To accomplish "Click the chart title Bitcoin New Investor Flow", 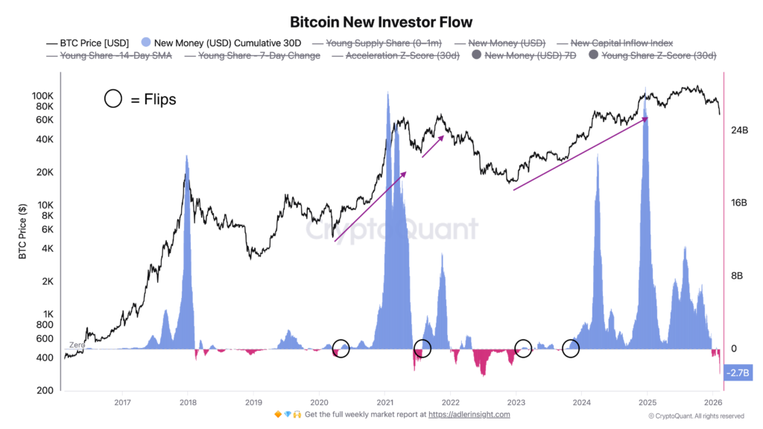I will pyautogui.click(x=381, y=22).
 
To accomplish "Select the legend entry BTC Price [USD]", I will pyautogui.click(x=89, y=43).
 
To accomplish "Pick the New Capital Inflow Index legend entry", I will pyautogui.click(x=620, y=43).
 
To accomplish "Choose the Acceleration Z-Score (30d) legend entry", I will pyautogui.click(x=402, y=55).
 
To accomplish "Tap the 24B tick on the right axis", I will pyautogui.click(x=738, y=130).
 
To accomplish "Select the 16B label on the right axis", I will pyautogui.click(x=738, y=203).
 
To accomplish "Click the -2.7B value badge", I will pyautogui.click(x=738, y=371).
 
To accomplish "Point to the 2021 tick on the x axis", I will pyautogui.click(x=384, y=402).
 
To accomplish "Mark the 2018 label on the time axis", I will pyautogui.click(x=188, y=402).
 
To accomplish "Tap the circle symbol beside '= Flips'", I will pyautogui.click(x=113, y=98).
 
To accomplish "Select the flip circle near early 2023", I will pyautogui.click(x=523, y=348).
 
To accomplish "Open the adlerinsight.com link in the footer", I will pyautogui.click(x=473, y=414).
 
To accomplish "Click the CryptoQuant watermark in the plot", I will pyautogui.click(x=393, y=229).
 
